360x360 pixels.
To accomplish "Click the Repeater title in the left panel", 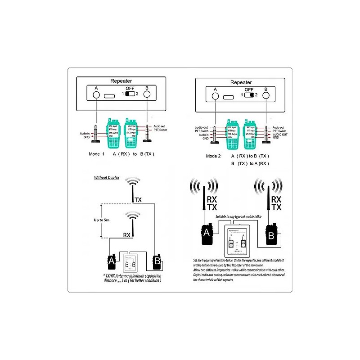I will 120,81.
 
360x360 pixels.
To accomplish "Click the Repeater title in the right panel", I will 241,83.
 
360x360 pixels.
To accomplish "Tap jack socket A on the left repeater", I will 96,95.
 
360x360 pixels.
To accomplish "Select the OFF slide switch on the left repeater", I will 130,94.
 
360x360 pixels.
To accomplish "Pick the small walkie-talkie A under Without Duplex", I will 111,261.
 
